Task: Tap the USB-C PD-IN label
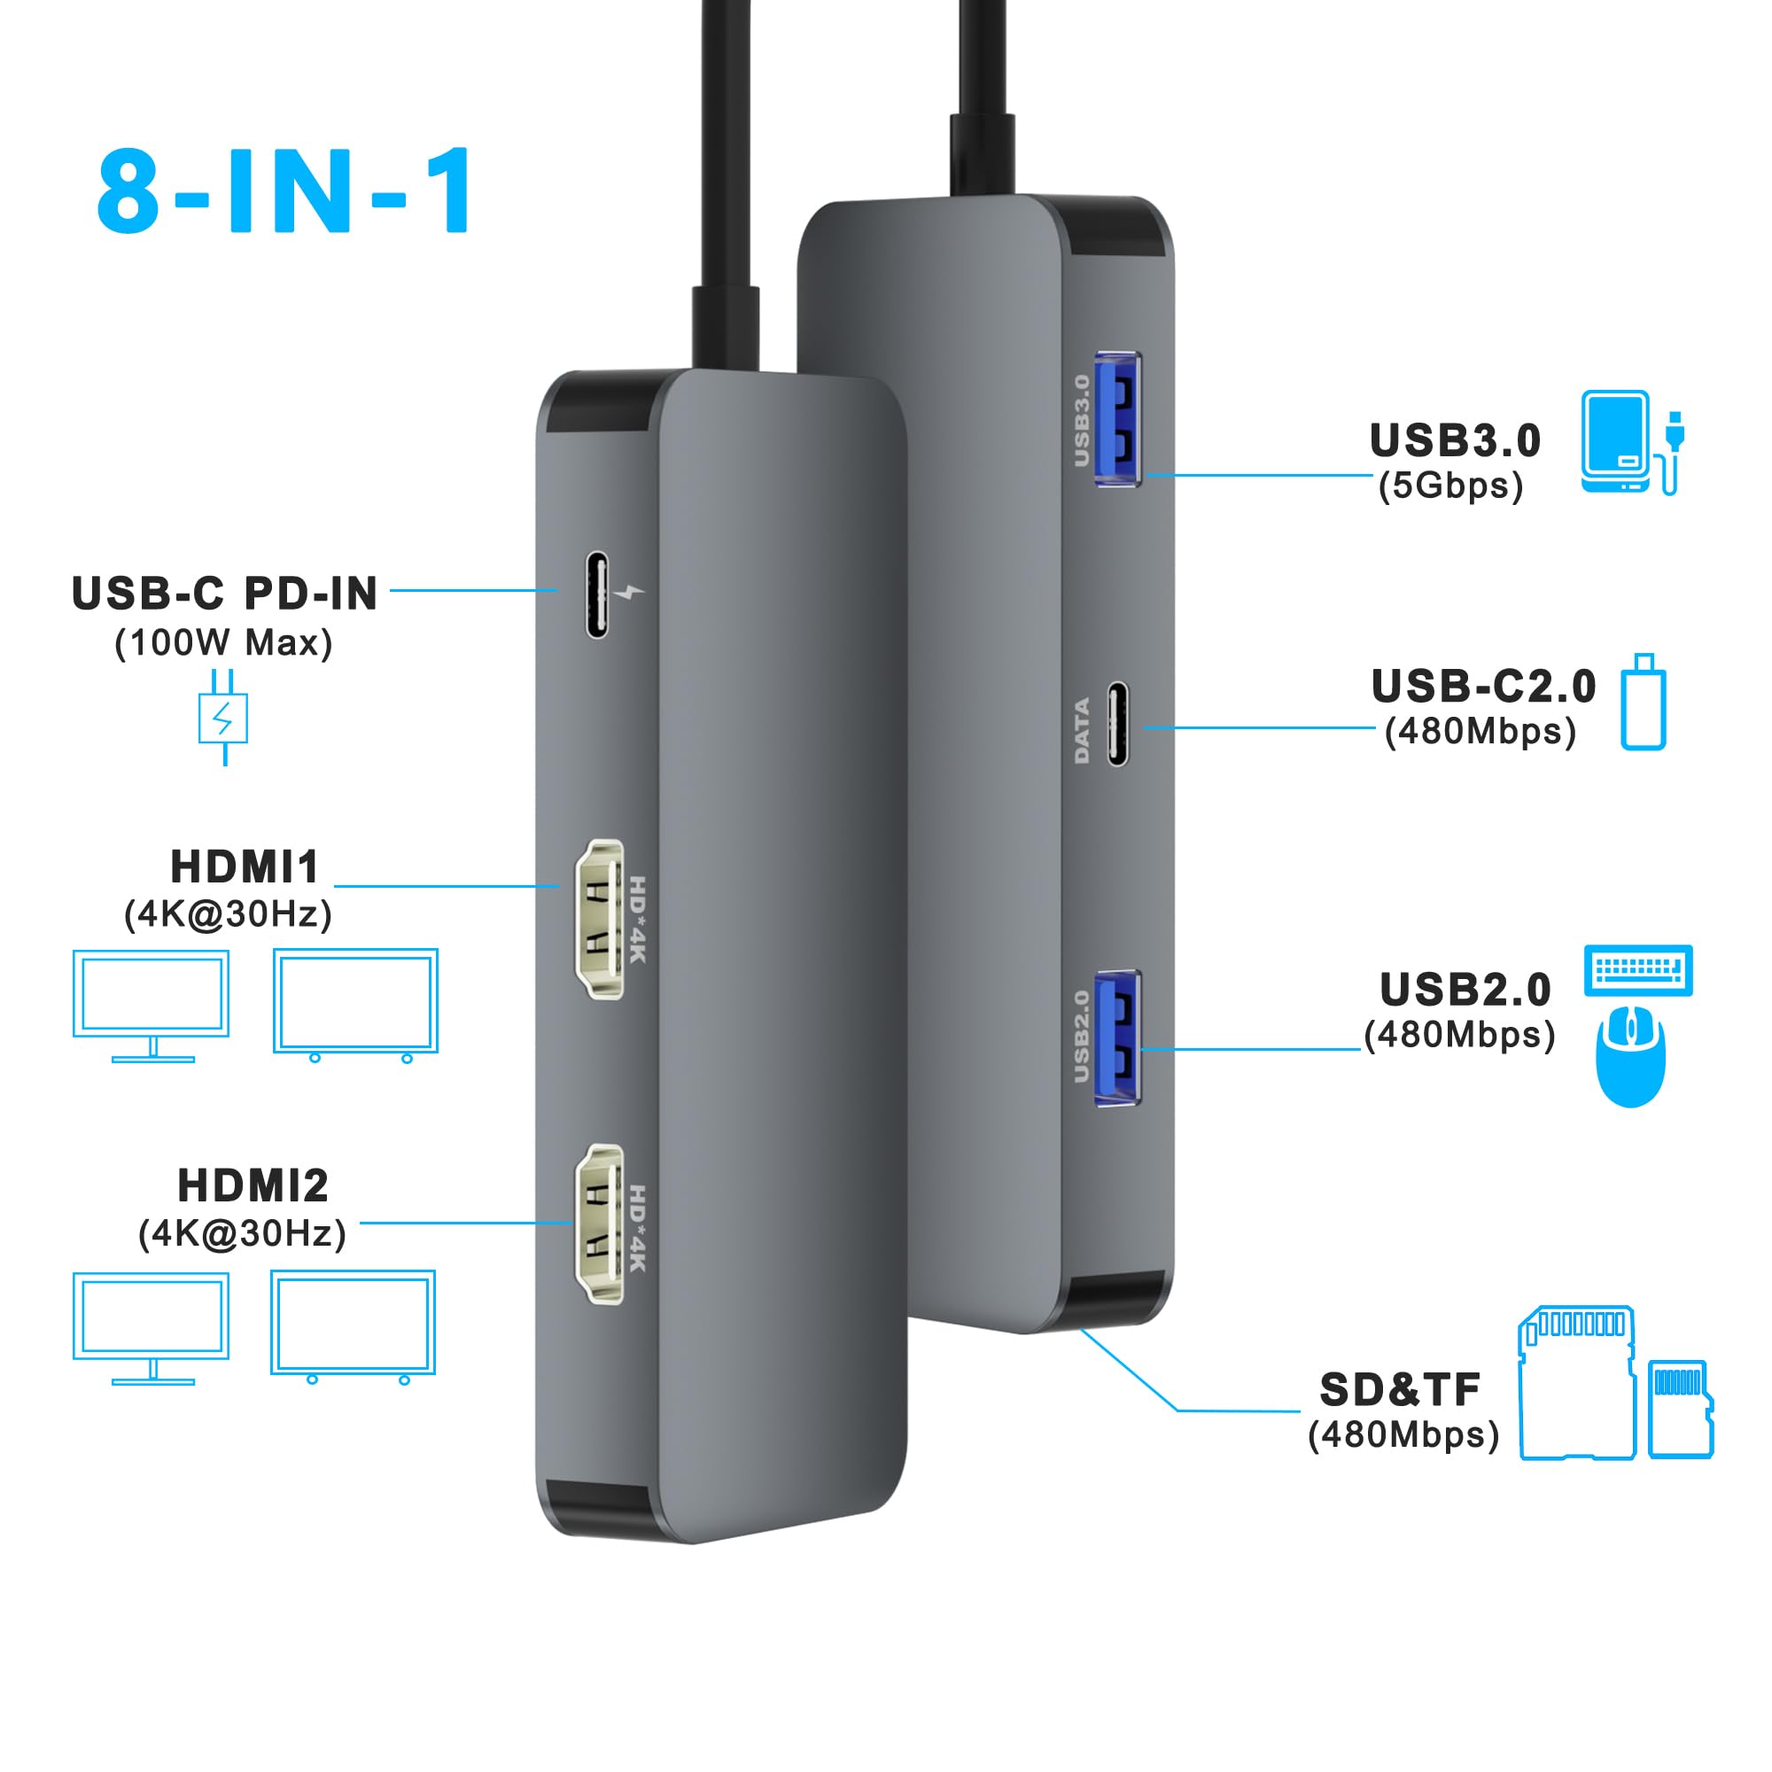coord(225,594)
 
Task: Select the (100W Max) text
coord(223,643)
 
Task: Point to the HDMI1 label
coord(245,867)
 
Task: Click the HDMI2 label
coord(253,1186)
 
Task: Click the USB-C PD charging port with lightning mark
coord(597,595)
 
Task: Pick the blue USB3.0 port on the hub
coord(1118,419)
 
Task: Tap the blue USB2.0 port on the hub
coord(1118,1038)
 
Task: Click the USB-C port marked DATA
coord(1117,724)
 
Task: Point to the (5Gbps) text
coord(1451,486)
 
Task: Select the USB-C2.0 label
coord(1483,686)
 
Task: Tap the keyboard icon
coord(1638,970)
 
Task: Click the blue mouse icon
coord(1631,1056)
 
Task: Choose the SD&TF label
coord(1400,1389)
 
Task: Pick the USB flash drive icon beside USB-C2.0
coord(1643,703)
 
